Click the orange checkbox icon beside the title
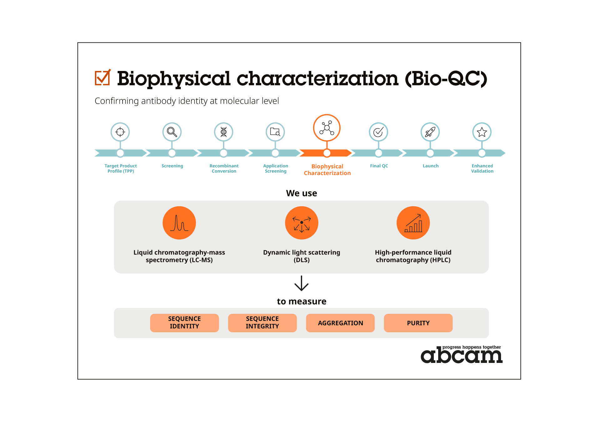click(103, 78)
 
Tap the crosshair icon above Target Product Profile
click(120, 132)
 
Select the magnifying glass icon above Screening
click(172, 132)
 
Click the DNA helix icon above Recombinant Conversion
click(224, 132)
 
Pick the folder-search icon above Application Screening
click(275, 132)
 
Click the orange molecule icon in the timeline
click(327, 128)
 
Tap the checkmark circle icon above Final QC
click(378, 132)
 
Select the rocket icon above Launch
click(430, 132)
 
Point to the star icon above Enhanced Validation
click(482, 132)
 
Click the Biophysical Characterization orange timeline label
click(327, 170)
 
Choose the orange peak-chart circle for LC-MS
click(179, 223)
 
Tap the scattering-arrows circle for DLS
click(301, 223)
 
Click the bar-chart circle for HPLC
click(413, 223)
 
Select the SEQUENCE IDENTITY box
click(185, 323)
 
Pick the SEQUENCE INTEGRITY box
click(262, 323)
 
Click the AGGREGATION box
click(340, 323)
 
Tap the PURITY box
click(418, 323)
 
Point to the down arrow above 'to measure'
click(301, 283)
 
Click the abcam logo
click(461, 355)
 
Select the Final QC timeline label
click(379, 166)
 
